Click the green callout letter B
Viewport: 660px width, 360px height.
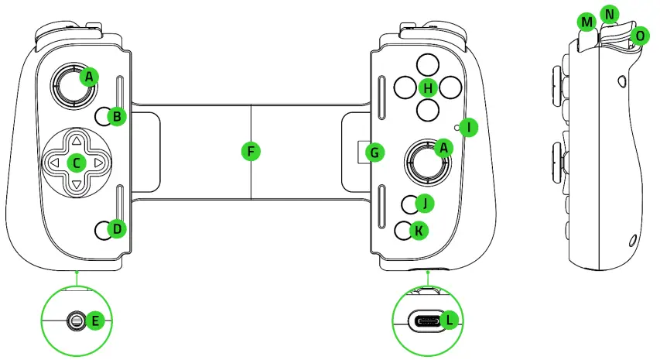pos(117,117)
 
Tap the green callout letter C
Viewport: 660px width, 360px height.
pos(76,163)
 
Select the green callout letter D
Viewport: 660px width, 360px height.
pos(117,228)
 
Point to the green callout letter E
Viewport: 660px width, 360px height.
pos(95,319)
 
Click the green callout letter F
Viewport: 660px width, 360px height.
pos(249,151)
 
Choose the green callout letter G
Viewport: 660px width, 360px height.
pos(374,152)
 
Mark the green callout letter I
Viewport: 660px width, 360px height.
pos(467,126)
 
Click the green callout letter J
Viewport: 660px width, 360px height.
pos(423,203)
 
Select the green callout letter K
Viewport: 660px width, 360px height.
pos(418,230)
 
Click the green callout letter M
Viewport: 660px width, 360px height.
pos(586,23)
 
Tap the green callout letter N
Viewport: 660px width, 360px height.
pos(611,13)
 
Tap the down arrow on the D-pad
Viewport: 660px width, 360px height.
pos(77,185)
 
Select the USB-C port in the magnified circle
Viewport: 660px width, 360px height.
pos(423,320)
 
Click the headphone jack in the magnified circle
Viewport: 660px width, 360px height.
pos(76,319)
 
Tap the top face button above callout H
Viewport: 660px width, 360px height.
pos(426,64)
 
